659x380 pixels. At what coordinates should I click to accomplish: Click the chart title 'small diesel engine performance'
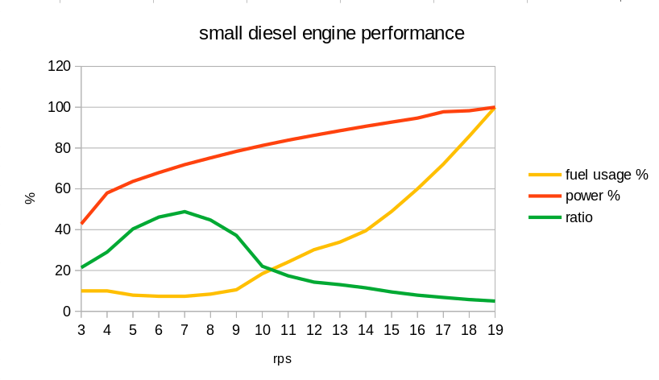(331, 34)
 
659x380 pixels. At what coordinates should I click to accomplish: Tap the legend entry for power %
(592, 196)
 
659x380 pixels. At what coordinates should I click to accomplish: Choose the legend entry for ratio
(579, 217)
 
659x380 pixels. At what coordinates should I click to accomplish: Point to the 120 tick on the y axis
(60, 66)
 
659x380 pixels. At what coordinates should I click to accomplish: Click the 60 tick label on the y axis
(64, 189)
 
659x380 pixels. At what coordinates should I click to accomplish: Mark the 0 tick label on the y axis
(68, 312)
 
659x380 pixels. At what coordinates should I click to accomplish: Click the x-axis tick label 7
(184, 329)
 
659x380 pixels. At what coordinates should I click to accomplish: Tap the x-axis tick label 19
(494, 329)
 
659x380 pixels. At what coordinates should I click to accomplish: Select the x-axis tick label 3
(81, 329)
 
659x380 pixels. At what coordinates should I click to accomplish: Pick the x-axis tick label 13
(339, 329)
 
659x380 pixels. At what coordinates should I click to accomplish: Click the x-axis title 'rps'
(281, 359)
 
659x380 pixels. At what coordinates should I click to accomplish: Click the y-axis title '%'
(31, 198)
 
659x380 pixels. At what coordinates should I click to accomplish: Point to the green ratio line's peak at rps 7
(184, 212)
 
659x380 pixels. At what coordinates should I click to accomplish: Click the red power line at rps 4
(107, 193)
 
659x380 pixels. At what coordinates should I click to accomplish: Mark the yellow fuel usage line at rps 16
(417, 189)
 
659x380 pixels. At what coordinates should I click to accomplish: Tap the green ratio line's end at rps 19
(494, 301)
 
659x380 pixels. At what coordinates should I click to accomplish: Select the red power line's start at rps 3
(81, 224)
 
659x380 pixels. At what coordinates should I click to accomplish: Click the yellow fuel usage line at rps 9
(236, 290)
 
